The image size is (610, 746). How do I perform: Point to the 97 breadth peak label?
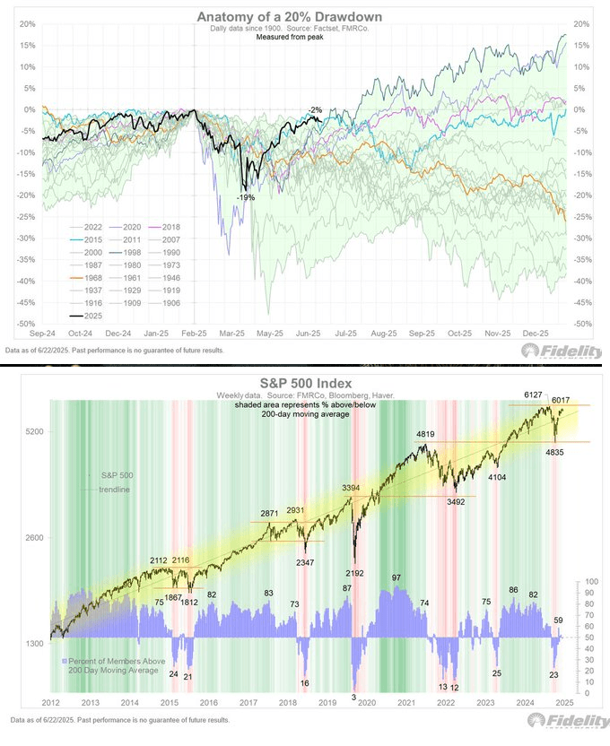[x=396, y=577]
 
